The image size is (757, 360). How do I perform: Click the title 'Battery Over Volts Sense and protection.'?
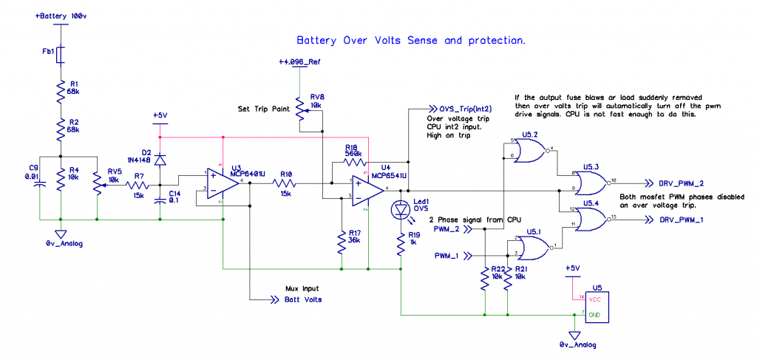(410, 41)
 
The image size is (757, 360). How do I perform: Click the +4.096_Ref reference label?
(299, 62)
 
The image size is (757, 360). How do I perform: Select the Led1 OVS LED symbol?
(400, 211)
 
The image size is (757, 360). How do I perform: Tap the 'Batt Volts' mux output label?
(303, 299)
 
